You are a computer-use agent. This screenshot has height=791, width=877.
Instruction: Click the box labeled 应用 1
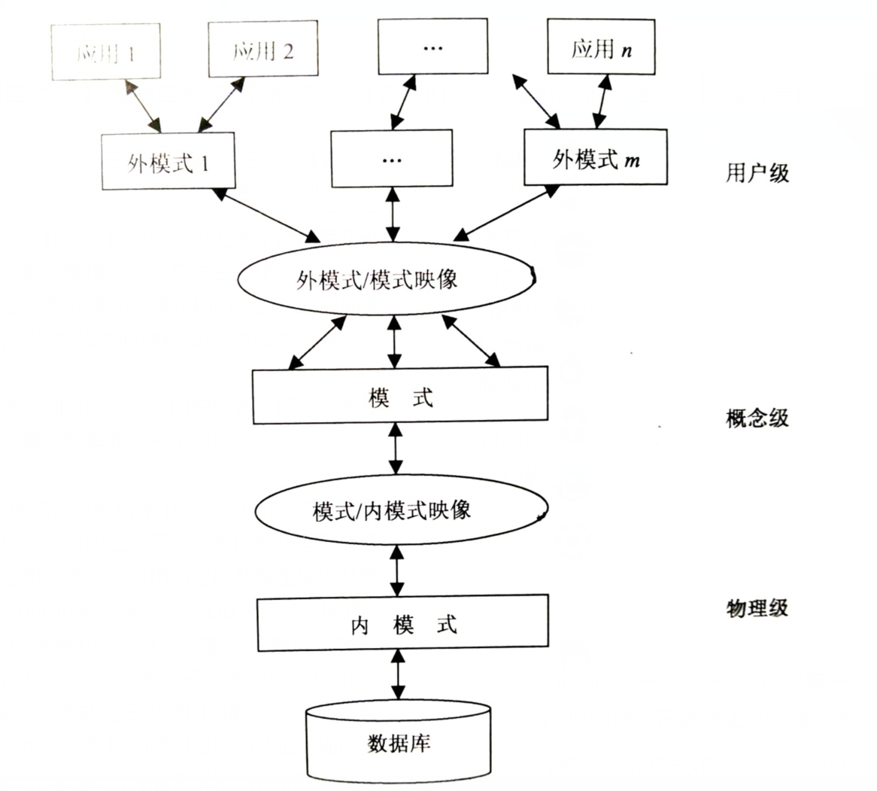coord(106,51)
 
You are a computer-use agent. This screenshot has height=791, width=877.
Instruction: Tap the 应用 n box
coord(600,48)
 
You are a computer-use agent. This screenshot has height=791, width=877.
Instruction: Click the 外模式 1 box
coord(168,161)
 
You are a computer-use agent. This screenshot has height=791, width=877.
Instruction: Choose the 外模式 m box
coord(596,158)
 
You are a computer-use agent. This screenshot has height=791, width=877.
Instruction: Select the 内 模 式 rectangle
coord(403,624)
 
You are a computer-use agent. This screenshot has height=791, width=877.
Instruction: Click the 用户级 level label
coord(757,173)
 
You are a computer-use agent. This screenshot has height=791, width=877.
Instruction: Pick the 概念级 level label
coord(757,418)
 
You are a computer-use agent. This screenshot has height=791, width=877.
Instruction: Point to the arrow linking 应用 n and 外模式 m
coord(601,101)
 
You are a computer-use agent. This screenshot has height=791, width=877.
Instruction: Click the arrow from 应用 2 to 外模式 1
coord(220,105)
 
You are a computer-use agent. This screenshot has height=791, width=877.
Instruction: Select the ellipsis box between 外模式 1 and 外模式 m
coord(391,158)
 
